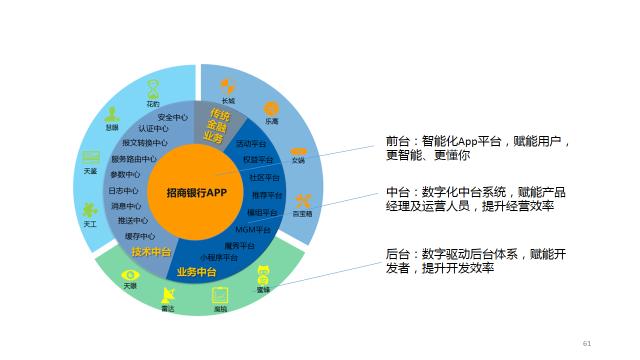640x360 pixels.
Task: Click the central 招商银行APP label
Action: pos(197,192)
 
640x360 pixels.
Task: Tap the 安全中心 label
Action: pos(174,117)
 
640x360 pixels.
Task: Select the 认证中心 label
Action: pos(155,129)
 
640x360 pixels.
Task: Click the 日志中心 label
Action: pos(123,191)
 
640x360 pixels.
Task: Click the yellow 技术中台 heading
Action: pos(151,251)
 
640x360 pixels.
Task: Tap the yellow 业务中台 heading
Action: pos(197,272)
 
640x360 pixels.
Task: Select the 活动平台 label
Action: pos(251,145)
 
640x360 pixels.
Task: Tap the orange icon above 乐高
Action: pos(271,108)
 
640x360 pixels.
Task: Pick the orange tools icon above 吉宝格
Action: pos(303,200)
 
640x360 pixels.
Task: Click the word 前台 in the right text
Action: pos(397,141)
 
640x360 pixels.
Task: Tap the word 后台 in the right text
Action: pos(397,254)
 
